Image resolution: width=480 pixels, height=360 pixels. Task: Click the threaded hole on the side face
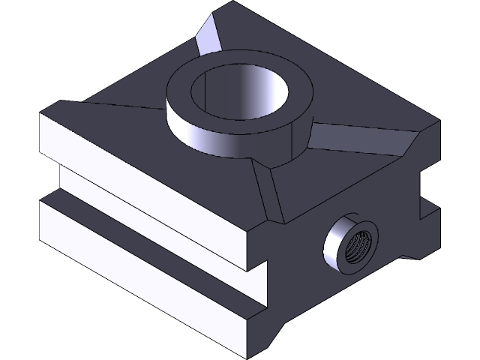click(353, 245)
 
